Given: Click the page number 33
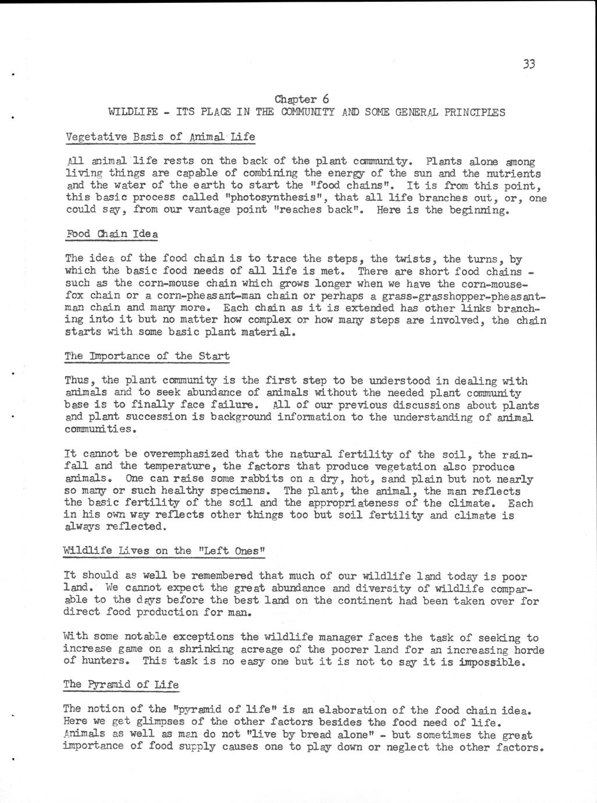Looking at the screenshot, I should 528,64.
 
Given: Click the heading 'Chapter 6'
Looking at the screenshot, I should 302,99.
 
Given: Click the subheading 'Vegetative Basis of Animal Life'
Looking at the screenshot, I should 160,137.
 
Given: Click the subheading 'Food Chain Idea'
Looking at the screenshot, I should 111,234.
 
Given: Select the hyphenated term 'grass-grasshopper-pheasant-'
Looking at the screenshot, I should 464,295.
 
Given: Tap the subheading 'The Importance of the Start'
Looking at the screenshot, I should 147,356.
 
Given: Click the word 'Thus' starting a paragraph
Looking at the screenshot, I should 77,381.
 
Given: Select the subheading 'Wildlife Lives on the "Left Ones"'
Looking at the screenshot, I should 164,550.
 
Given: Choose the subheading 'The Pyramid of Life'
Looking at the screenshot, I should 120,684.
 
